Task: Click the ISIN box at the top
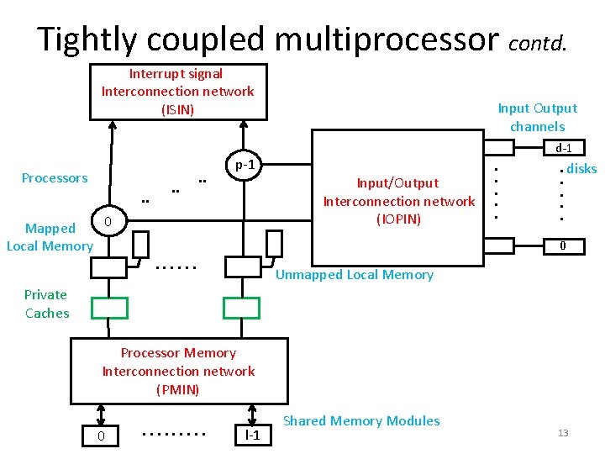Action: pyautogui.click(x=178, y=92)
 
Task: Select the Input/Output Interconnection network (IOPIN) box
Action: pyautogui.click(x=398, y=201)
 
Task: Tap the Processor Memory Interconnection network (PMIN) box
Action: pyautogui.click(x=178, y=372)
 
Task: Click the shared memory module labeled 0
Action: pyautogui.click(x=101, y=436)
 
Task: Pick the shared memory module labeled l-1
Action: pyautogui.click(x=251, y=436)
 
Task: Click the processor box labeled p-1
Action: pyautogui.click(x=245, y=165)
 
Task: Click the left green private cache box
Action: pyautogui.click(x=110, y=308)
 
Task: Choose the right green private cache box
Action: pyautogui.click(x=241, y=308)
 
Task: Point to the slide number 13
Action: pyautogui.click(x=563, y=433)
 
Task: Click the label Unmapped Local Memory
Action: pyautogui.click(x=355, y=275)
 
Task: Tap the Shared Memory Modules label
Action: pyautogui.click(x=361, y=420)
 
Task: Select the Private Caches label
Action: pyautogui.click(x=46, y=304)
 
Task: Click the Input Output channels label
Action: pyautogui.click(x=537, y=117)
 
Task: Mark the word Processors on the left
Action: pyautogui.click(x=55, y=177)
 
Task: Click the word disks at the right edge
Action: pyautogui.click(x=581, y=169)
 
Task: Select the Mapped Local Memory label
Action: pyautogui.click(x=50, y=237)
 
